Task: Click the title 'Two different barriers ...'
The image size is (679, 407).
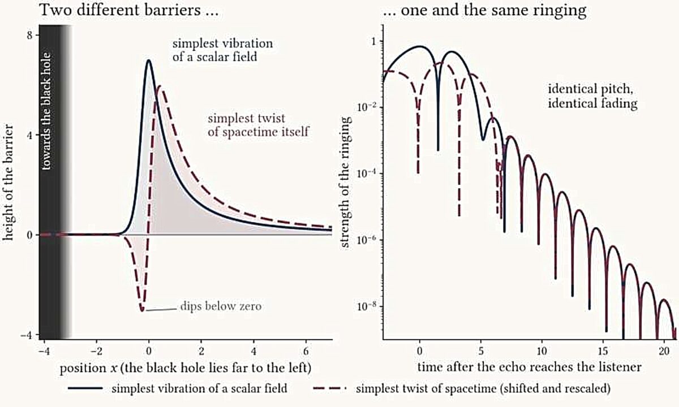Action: (129, 10)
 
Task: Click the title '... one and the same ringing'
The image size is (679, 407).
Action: (484, 10)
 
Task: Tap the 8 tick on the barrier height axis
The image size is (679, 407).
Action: (29, 35)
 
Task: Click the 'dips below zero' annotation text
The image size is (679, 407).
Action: (221, 306)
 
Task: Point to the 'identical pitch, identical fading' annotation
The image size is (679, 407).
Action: (592, 96)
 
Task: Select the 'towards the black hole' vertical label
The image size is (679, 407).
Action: (46, 111)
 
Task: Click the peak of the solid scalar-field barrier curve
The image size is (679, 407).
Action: (148, 60)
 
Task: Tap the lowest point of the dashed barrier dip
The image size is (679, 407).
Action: (142, 311)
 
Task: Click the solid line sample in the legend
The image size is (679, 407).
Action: (85, 388)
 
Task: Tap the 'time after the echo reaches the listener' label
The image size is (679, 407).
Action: (530, 367)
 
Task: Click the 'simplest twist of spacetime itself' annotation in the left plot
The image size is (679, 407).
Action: (258, 125)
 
